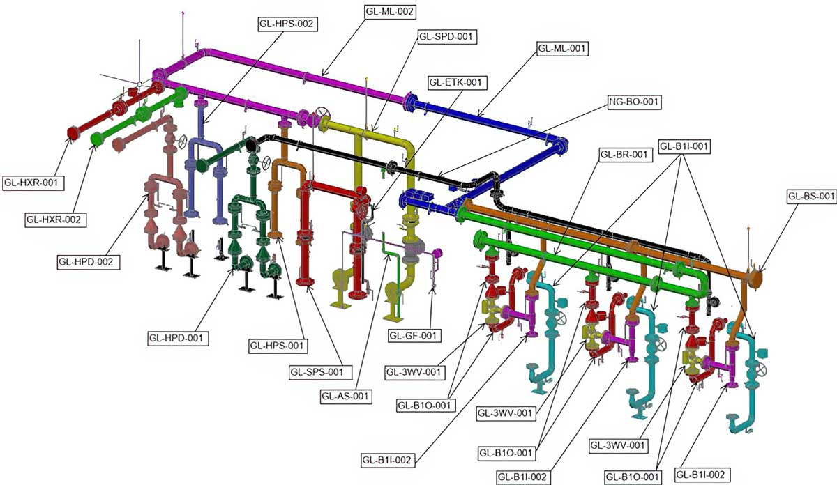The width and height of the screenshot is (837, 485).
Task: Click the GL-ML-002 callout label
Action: (390, 12)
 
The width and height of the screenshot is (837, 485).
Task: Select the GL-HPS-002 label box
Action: (287, 24)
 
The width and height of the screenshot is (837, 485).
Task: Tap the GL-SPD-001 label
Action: (446, 37)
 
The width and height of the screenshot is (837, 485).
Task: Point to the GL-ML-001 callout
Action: (561, 49)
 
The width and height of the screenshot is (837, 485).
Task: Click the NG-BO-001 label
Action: (634, 102)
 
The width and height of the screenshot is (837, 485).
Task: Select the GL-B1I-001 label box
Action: (684, 146)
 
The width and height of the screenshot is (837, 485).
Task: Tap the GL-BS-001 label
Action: (811, 196)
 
